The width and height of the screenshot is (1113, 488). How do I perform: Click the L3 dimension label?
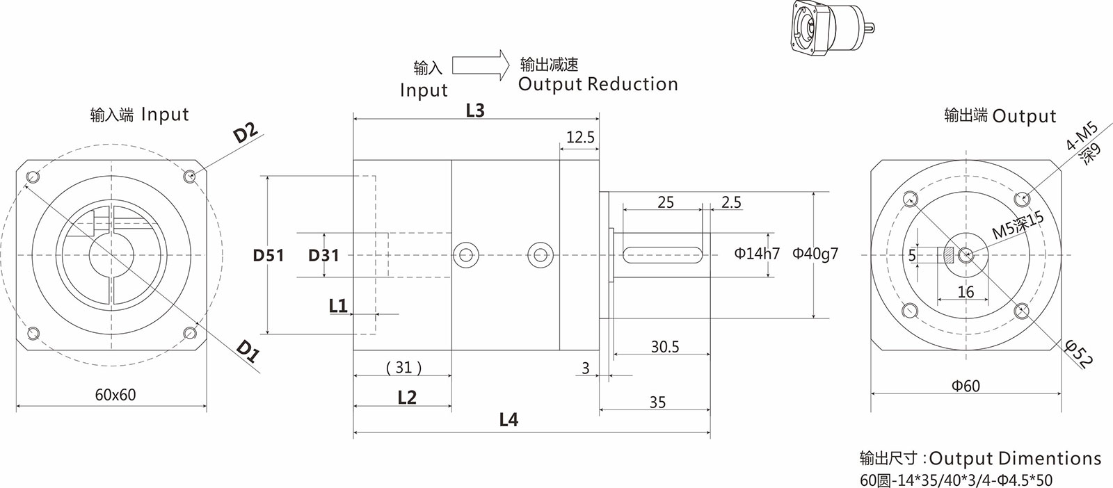coord(475,110)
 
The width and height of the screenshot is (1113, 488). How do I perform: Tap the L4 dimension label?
coord(509,419)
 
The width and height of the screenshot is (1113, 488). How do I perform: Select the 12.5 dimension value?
coord(580,137)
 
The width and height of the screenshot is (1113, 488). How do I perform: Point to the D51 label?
coord(268,255)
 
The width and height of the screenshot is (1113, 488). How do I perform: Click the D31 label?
coord(323,255)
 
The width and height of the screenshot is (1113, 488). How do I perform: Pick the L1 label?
coord(338,305)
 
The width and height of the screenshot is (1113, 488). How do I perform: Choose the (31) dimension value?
coord(403,366)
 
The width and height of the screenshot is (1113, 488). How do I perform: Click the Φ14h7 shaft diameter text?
coord(757,254)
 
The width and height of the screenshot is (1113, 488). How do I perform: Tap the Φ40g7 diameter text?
coord(815,254)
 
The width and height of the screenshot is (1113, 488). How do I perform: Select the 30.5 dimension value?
coord(665,346)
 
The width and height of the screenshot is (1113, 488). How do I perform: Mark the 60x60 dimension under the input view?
coord(115,395)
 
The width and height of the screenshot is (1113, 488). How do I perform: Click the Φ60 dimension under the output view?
coord(966,385)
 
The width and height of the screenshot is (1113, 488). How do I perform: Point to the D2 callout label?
coord(246,132)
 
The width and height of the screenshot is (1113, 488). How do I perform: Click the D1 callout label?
coord(247,352)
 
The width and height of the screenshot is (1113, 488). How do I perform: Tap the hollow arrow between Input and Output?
coord(481,65)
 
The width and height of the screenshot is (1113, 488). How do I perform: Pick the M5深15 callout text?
coord(1018,226)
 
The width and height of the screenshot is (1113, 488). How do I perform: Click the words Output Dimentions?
coord(1015,458)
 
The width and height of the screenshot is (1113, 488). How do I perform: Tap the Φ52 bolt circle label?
coord(1079,353)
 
